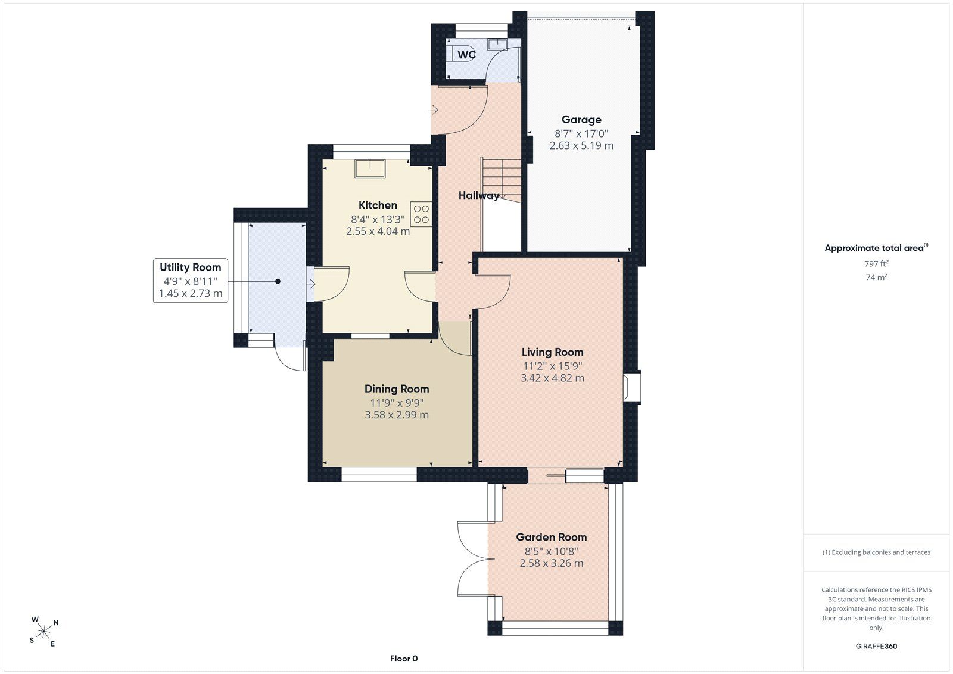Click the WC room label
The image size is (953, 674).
[466, 54]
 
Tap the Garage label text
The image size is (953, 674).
[581, 120]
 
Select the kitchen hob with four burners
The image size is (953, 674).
[421, 214]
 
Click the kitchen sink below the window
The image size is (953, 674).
[370, 168]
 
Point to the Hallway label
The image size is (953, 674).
[479, 195]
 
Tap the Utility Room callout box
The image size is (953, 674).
[190, 281]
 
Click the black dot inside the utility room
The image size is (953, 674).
[278, 281]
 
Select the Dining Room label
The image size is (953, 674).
[397, 389]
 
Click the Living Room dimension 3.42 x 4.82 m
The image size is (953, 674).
[552, 378]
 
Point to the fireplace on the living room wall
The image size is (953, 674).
[632, 387]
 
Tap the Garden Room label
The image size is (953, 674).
[552, 537]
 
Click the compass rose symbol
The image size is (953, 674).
[44, 632]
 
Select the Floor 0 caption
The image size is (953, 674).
[404, 659]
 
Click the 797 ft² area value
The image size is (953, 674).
[876, 263]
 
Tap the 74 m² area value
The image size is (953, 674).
[876, 277]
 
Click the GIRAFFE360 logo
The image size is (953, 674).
[876, 646]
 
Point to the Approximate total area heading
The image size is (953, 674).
[876, 248]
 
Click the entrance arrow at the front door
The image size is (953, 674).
[433, 110]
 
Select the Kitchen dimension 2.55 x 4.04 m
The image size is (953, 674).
[378, 231]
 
